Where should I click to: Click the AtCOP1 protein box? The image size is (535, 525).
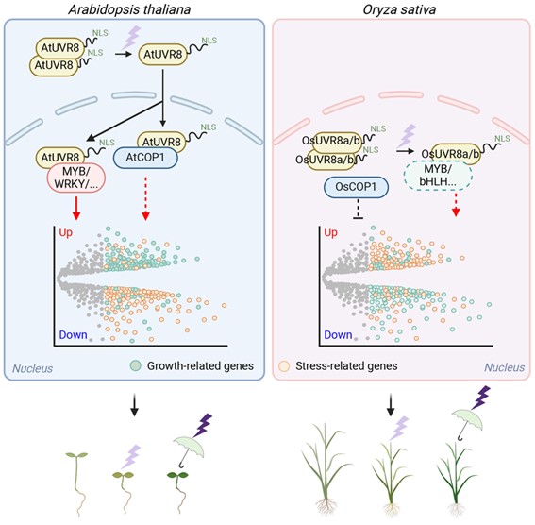coord(145,158)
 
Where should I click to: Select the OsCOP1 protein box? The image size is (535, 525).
coord(356,187)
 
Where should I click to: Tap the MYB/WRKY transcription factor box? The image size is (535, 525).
coord(75,178)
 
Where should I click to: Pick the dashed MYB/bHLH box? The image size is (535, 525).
coord(438,176)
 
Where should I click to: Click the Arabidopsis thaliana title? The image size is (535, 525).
coord(129,9)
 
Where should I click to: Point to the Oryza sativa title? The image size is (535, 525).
coord(399,9)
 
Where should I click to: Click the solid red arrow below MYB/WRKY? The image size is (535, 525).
coord(76,208)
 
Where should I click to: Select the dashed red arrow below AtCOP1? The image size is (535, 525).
coord(145,198)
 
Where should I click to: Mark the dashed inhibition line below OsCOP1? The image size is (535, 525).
coord(358,209)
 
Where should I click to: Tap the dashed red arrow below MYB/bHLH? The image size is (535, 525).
coord(456,204)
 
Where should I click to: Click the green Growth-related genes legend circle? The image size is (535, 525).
coord(136,365)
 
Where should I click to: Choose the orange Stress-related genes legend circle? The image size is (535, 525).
coord(284,366)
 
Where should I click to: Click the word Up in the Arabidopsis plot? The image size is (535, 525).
coord(65,232)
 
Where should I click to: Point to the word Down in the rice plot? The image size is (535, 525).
coord(338,335)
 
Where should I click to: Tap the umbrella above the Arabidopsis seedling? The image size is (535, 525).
coord(189,449)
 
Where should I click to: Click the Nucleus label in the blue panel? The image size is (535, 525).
coord(32,368)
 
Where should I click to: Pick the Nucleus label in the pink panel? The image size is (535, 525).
coord(504,367)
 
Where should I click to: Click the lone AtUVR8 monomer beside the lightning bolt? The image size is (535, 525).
coord(162,54)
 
